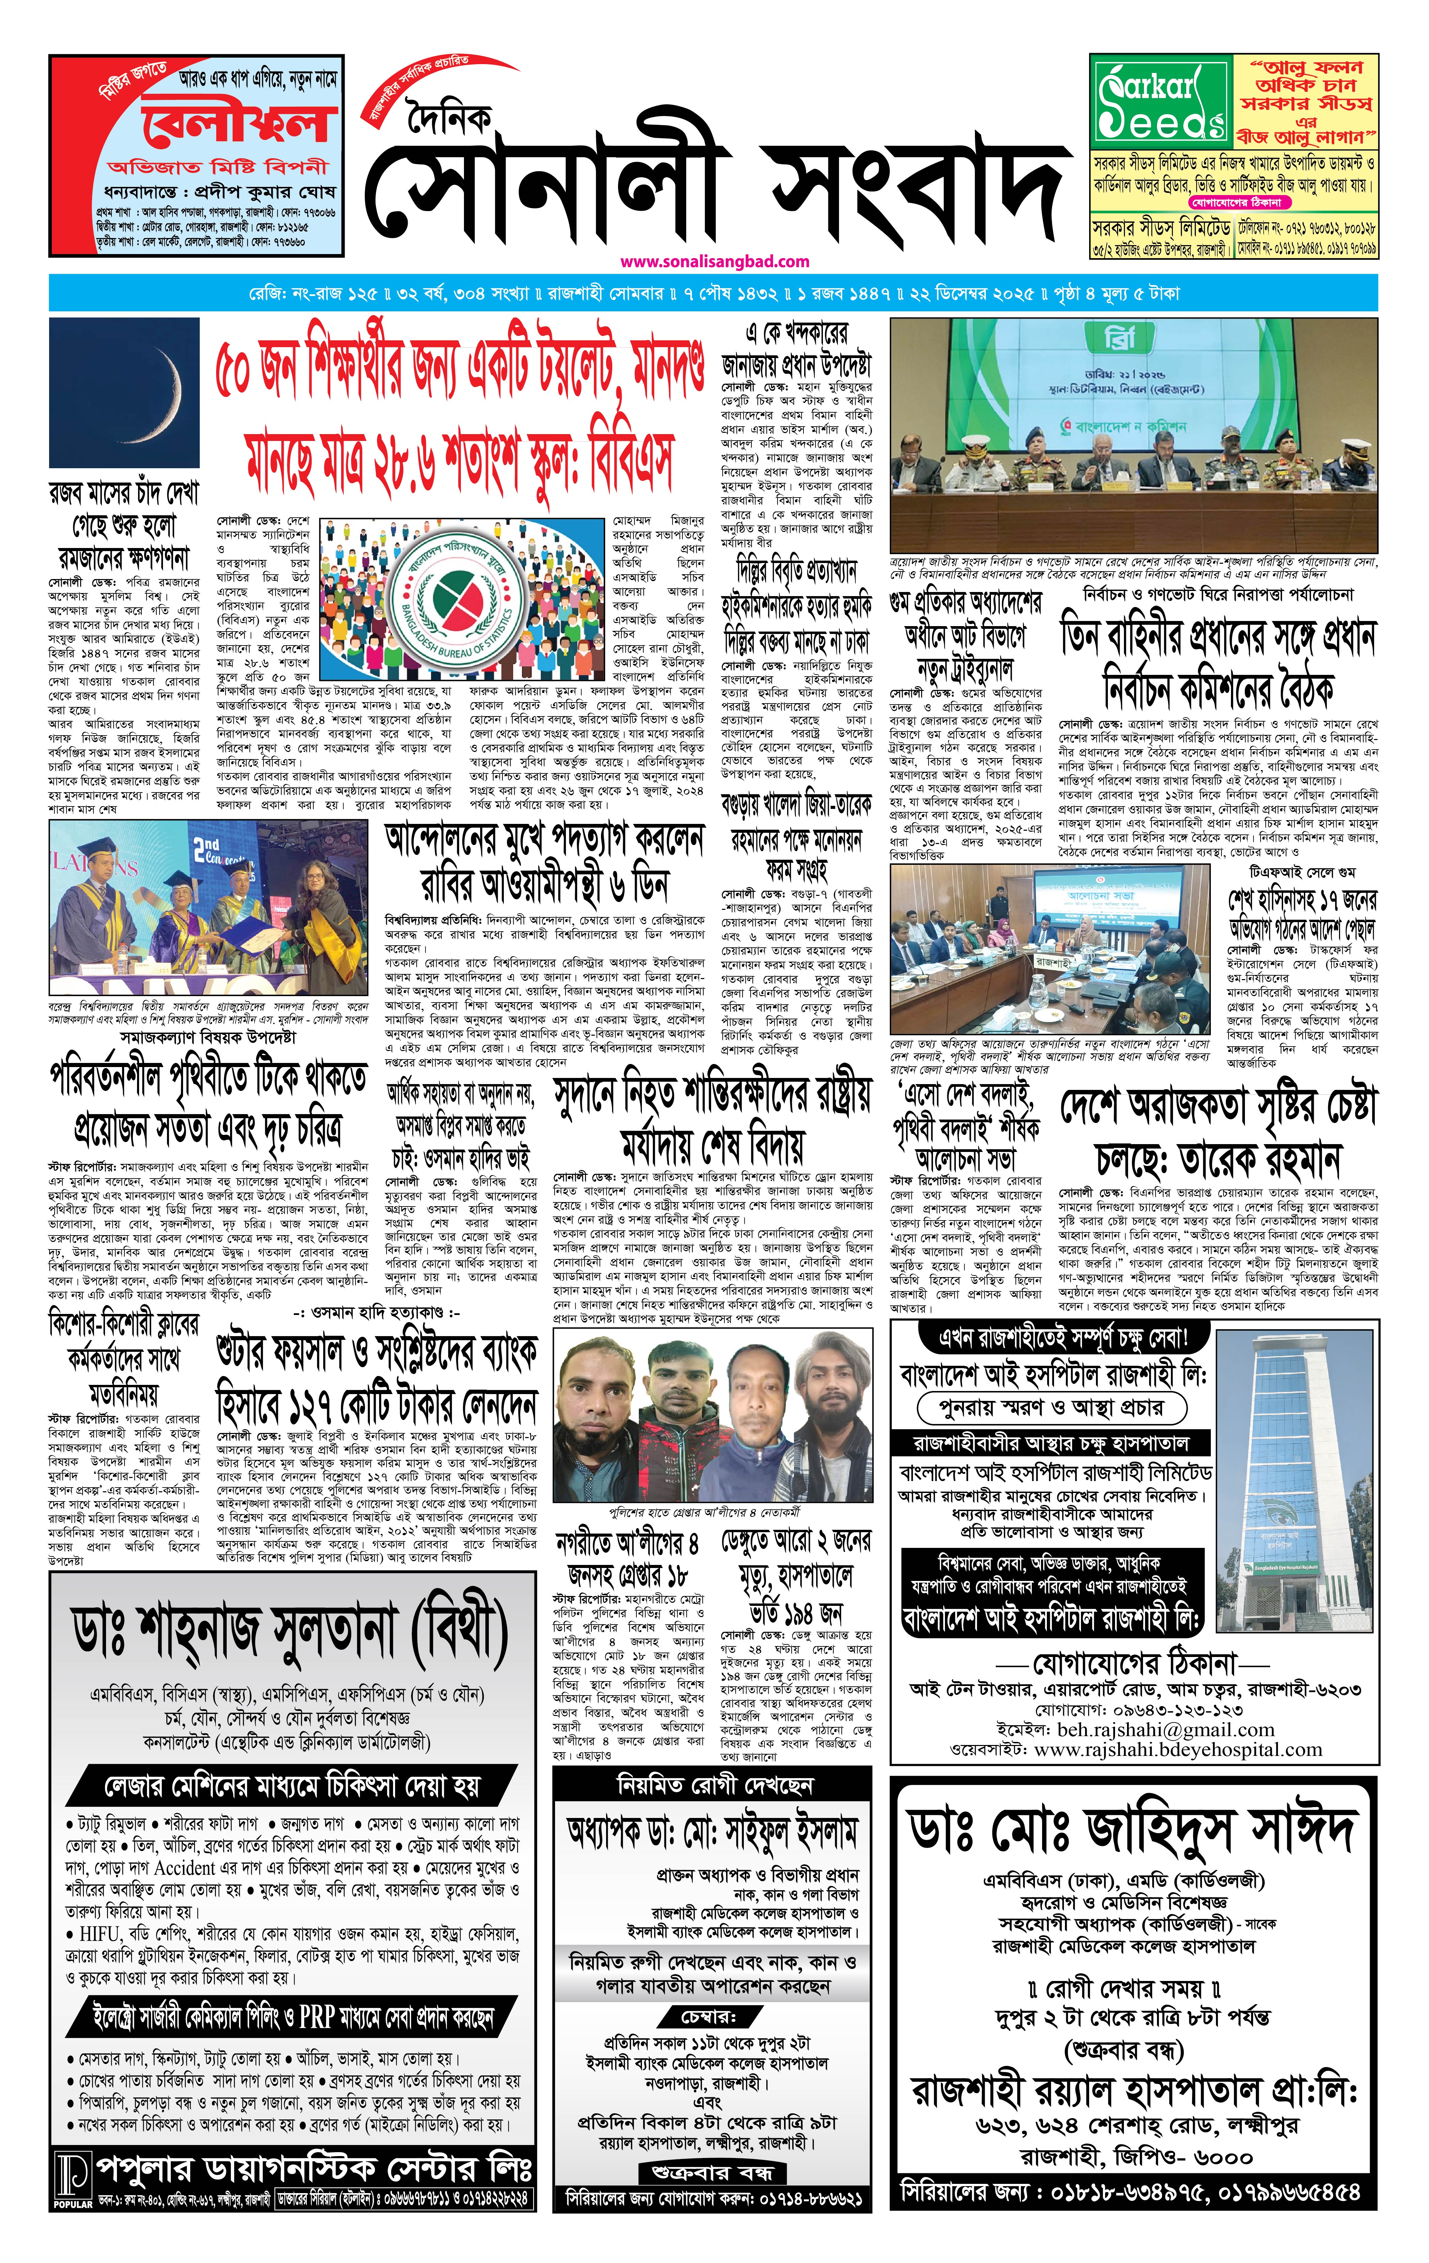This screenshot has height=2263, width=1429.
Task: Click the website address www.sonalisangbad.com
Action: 714,261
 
